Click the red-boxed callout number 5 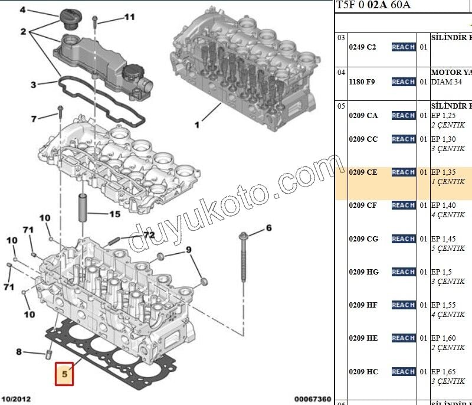pos(65,373)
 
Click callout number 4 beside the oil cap pos(23,10)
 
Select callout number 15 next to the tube pos(114,214)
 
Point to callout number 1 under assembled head pos(197,125)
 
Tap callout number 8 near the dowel pos(19,352)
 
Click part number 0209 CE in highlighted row pos(363,172)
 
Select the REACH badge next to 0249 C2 pos(403,47)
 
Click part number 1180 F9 pos(362,81)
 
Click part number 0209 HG pos(363,272)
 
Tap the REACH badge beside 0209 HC pos(403,371)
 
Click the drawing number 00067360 pos(313,399)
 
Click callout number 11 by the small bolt pos(129,17)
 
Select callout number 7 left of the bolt pos(34,119)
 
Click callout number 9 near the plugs pos(189,250)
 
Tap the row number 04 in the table pos(341,73)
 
